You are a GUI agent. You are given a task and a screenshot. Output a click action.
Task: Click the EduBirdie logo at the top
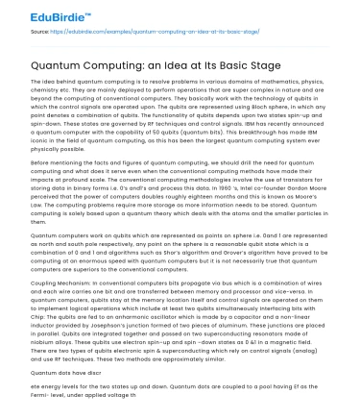click(39, 14)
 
